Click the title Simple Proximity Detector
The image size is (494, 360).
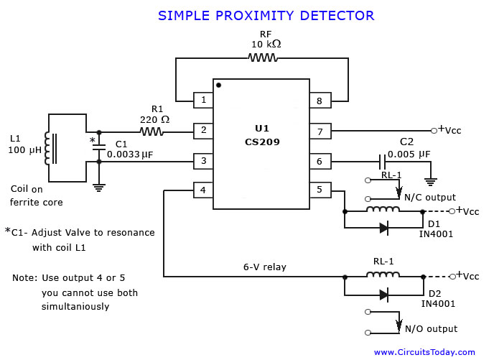click(266, 15)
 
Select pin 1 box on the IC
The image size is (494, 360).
click(203, 101)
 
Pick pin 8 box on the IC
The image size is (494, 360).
click(320, 101)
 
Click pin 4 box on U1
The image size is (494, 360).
click(203, 190)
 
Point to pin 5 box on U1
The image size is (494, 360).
click(320, 190)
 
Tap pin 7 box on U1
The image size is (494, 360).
click(320, 131)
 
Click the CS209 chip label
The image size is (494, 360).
click(262, 142)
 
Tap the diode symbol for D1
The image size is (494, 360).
click(384, 228)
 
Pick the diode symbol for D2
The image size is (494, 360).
click(384, 294)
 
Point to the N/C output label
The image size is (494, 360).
click(429, 198)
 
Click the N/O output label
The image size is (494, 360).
click(430, 329)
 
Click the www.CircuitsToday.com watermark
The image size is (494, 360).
click(424, 352)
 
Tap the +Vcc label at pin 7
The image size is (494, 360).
click(449, 130)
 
